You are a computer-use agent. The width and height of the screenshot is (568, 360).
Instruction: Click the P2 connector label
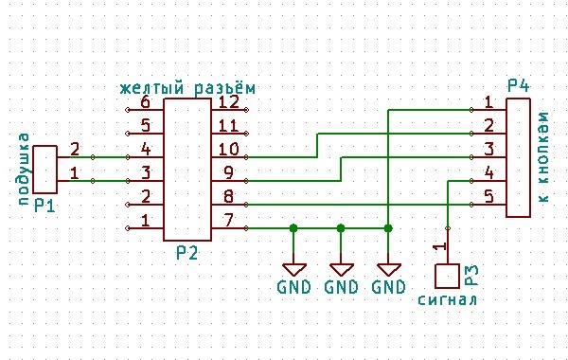186,252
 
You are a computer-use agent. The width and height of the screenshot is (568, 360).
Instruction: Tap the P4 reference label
518,85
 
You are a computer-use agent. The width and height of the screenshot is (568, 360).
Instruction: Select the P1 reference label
44,206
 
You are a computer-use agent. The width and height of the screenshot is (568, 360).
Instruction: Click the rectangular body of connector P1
44,170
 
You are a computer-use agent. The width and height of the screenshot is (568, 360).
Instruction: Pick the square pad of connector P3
448,276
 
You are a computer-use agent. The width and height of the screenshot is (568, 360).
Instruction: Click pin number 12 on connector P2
229,102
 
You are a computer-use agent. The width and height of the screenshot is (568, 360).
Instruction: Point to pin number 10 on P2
229,150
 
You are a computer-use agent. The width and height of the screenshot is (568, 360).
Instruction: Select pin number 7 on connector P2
229,221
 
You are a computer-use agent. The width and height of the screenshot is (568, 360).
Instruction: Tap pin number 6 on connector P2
145,102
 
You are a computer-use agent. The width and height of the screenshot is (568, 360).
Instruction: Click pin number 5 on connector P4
489,196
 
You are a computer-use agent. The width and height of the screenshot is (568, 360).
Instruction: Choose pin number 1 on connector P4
489,102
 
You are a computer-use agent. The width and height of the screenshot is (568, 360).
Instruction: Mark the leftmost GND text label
293,287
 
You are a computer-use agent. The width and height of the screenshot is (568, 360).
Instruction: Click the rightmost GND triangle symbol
389,270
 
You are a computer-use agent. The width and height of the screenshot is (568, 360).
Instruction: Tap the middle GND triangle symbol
341,270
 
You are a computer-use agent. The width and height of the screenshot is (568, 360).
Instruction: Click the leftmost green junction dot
293,228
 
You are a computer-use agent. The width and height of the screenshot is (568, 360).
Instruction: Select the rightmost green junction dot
388,228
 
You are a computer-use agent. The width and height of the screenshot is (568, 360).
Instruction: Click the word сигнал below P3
448,300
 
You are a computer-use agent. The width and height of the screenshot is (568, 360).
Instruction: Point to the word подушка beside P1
24,170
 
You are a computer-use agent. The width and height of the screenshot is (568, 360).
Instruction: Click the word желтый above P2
152,88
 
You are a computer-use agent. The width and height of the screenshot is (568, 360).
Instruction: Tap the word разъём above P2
225,88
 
